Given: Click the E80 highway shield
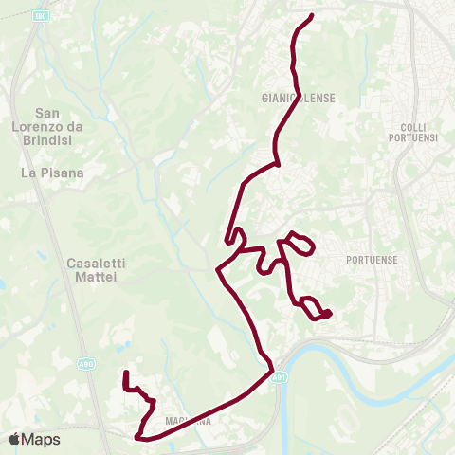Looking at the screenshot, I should point(40,15).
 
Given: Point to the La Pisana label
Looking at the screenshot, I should point(53,173).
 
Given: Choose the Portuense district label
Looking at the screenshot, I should point(372,259).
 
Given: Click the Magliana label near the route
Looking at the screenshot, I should point(186,420).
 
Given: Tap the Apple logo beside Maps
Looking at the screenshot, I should point(14,439).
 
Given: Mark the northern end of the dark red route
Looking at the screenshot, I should point(312,15).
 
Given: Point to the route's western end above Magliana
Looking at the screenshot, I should point(126,373).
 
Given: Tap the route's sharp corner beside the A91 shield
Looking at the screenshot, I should point(272,367).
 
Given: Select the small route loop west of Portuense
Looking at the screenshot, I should point(301,244).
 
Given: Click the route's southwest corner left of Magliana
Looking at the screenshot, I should point(139,437).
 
